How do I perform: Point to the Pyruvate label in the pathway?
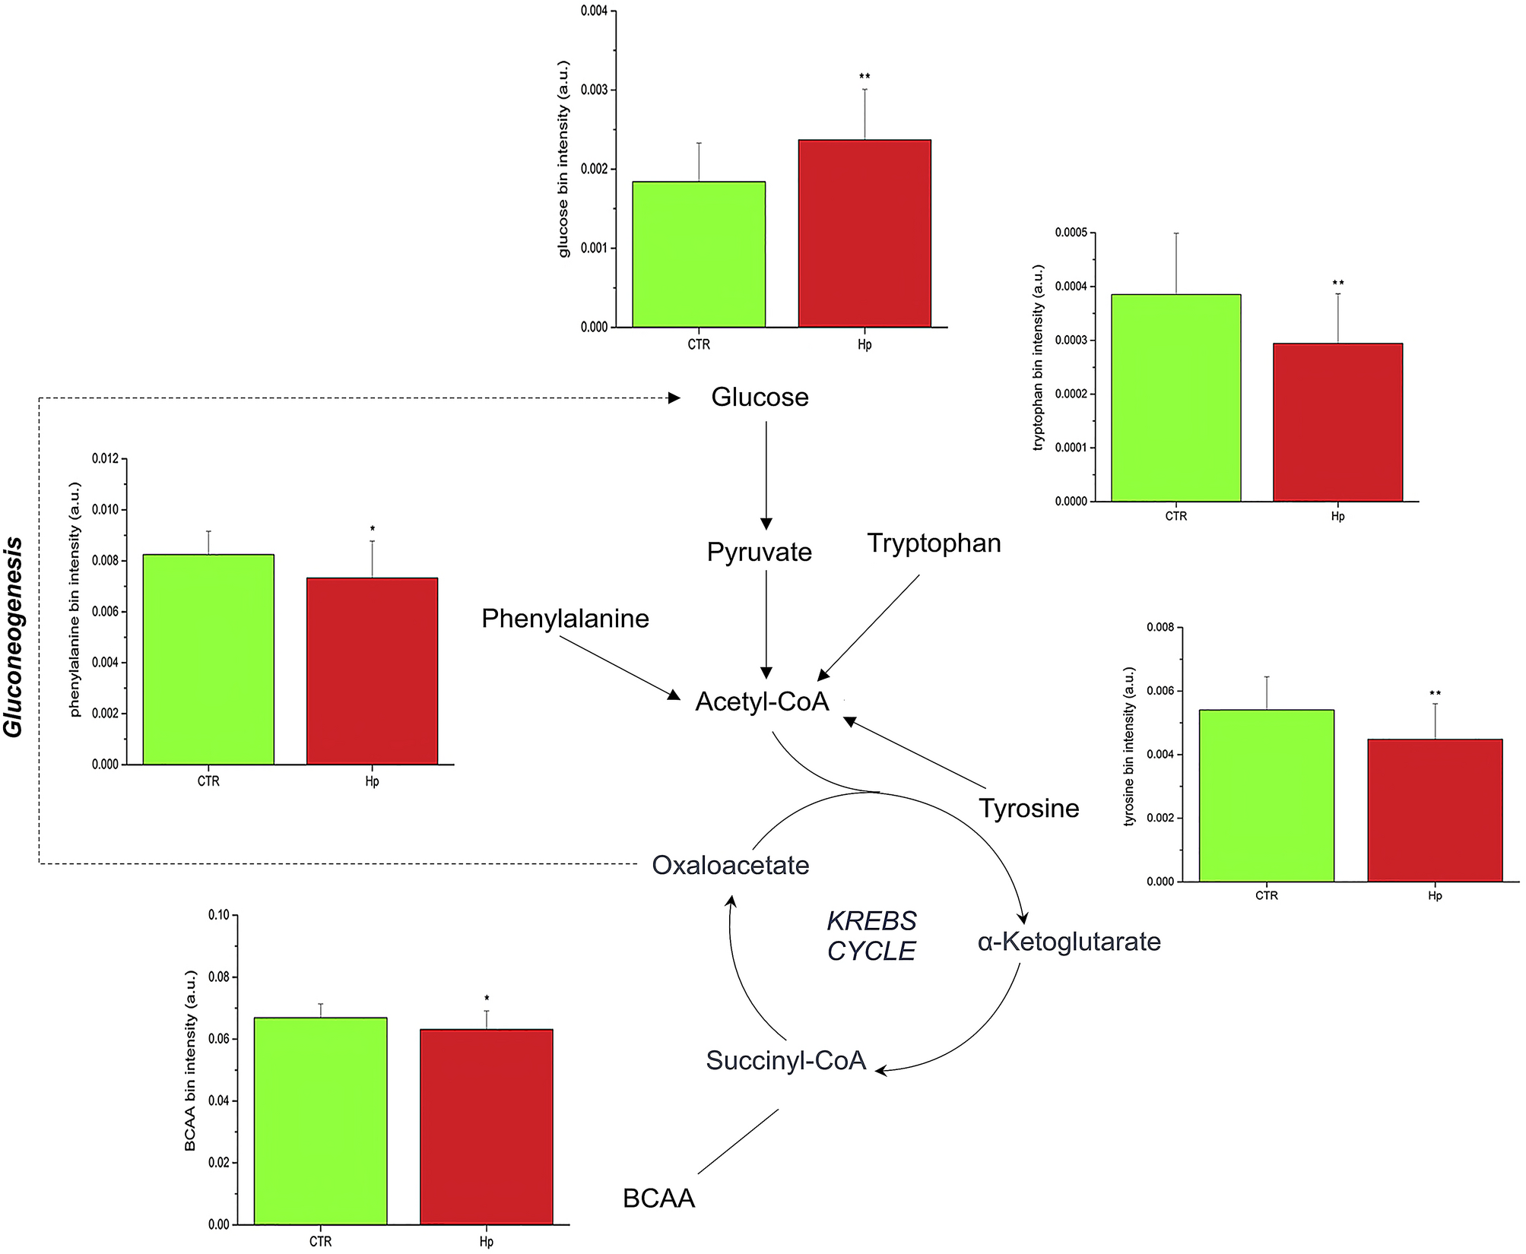click(759, 553)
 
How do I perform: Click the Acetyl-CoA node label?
click(762, 701)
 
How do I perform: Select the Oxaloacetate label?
click(731, 865)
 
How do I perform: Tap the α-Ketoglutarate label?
click(1069, 942)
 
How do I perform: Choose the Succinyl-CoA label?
click(785, 1060)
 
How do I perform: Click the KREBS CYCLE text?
click(871, 936)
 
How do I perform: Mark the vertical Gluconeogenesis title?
click(14, 636)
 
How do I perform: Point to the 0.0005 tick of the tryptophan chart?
click(1071, 233)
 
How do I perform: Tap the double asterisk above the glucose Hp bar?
click(865, 77)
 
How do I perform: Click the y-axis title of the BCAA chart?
click(191, 1060)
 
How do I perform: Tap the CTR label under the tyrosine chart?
click(1266, 896)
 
